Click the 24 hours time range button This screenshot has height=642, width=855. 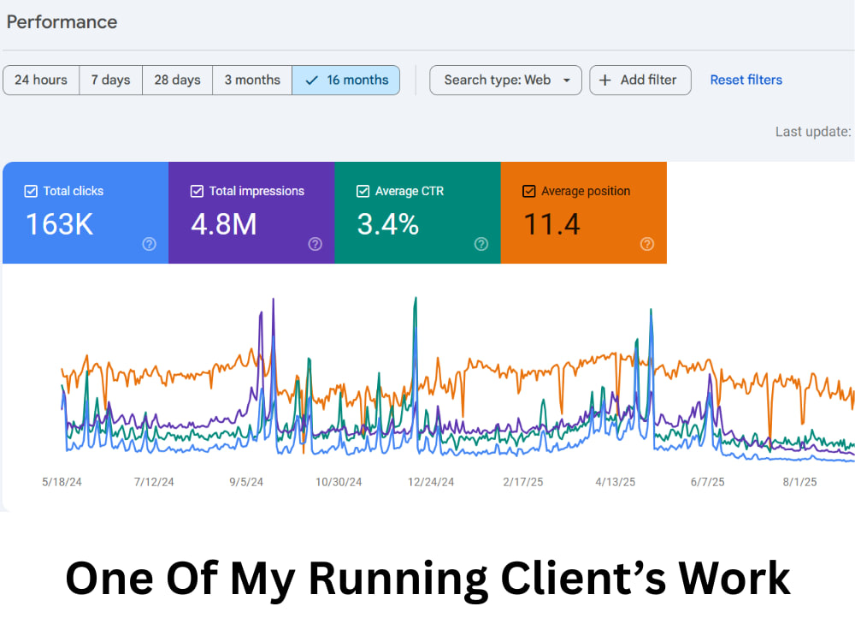[x=41, y=80]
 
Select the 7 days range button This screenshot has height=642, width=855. [x=110, y=80]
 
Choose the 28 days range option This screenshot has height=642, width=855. [x=177, y=80]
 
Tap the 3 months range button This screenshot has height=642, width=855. [x=252, y=80]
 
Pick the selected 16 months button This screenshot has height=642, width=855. [x=346, y=80]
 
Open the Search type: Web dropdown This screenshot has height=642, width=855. [x=505, y=80]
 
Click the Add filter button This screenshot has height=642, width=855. [x=640, y=80]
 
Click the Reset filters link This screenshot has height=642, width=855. [x=746, y=80]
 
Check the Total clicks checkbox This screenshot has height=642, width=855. [x=31, y=191]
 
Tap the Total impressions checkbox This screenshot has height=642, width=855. [x=197, y=191]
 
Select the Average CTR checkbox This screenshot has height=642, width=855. [x=363, y=191]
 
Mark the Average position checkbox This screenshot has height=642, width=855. [x=529, y=191]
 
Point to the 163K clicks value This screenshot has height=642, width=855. [x=60, y=224]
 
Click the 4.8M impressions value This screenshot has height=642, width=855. [x=223, y=224]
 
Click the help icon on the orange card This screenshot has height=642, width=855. [x=646, y=244]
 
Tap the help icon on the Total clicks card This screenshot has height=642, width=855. [x=149, y=244]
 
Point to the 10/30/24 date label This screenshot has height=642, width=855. [x=339, y=482]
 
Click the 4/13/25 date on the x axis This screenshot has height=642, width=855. [x=615, y=482]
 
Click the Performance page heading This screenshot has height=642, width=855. [x=62, y=22]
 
